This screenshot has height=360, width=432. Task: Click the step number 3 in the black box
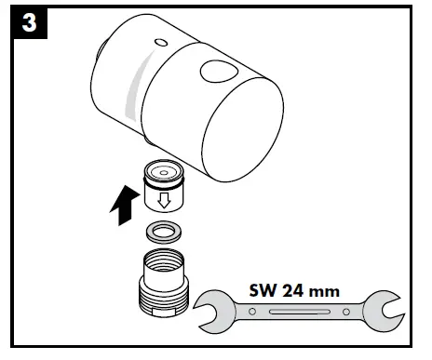click(x=30, y=24)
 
